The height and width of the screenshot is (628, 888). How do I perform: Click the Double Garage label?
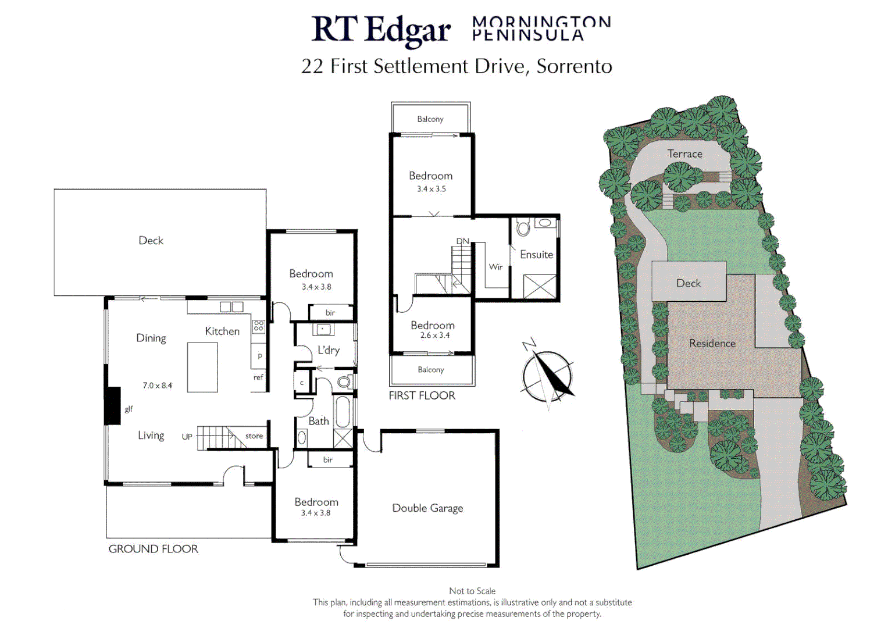pos(427,508)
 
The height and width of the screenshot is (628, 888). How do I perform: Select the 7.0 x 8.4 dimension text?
pos(158,386)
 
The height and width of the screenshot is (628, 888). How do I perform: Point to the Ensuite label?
pos(536,255)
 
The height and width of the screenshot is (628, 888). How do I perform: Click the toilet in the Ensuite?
pos(523,227)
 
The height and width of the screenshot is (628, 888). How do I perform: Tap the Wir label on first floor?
pos(495,267)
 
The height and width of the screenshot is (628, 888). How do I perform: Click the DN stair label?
pos(463,241)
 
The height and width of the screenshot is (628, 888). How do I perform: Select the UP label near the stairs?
pos(187,437)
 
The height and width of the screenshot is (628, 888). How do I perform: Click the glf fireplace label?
pos(129,409)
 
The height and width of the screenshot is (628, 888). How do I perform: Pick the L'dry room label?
pos(328,350)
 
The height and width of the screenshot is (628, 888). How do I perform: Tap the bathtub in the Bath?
pos(343,412)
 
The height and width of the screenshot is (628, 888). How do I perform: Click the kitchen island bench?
pos(202,367)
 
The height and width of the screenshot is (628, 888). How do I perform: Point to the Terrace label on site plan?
pos(684,154)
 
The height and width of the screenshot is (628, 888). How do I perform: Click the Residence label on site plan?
pos(712,344)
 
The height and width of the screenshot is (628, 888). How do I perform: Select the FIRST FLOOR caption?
pos(422,396)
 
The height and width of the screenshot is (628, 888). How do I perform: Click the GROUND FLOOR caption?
pos(154,549)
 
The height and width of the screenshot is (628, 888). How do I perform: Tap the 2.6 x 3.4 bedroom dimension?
pos(434,336)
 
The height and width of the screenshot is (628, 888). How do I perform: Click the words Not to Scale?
pos(472,591)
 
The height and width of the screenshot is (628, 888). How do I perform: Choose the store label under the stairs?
pos(254,436)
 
